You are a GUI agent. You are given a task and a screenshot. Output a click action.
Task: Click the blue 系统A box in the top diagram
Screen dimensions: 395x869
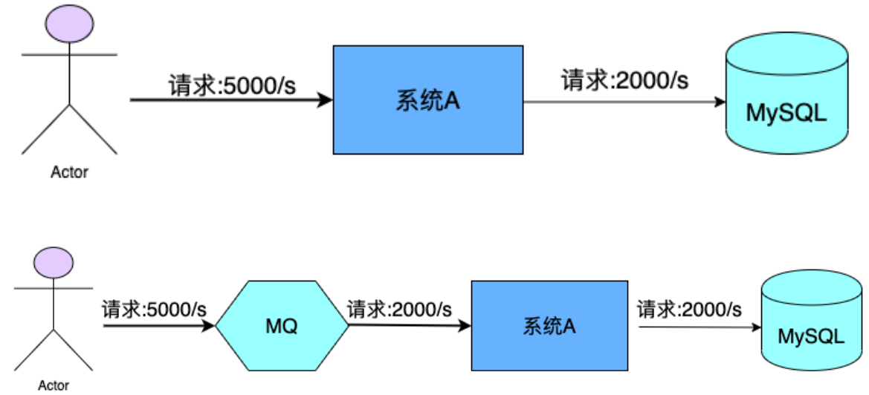[x=427, y=100]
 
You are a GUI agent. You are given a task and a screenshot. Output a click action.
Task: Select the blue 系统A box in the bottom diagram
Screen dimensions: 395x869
[x=549, y=325]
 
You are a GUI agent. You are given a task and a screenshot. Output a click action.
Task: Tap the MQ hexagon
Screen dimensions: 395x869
[x=282, y=326]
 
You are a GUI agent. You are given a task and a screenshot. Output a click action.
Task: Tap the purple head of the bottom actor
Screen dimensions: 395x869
[x=54, y=262]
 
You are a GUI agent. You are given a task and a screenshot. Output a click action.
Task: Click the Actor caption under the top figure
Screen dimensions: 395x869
[x=69, y=172]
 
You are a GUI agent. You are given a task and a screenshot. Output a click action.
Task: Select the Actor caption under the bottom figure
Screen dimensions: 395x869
[x=54, y=385]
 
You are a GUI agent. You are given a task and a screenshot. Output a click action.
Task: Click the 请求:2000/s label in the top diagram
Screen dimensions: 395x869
[x=624, y=80]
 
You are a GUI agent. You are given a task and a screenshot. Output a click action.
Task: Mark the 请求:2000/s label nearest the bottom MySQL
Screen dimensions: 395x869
[x=689, y=308]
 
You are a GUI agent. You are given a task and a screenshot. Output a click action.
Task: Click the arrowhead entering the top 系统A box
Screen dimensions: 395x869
[x=325, y=100]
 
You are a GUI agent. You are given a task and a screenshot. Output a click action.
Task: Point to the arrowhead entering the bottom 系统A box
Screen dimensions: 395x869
[x=464, y=325]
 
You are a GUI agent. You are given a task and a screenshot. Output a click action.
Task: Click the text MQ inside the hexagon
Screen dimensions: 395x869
[x=282, y=326]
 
